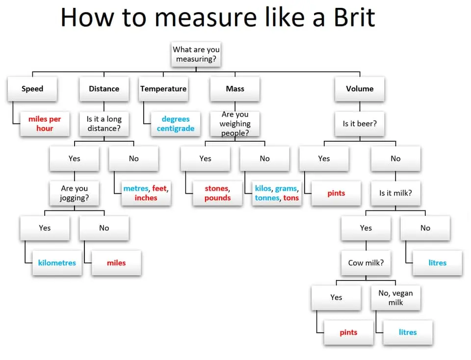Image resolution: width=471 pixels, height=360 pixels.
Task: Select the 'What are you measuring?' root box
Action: (196, 54)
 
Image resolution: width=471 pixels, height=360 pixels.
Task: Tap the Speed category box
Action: (32, 89)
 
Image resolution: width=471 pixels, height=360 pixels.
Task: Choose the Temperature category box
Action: (163, 89)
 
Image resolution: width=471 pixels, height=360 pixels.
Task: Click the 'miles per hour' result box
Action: (45, 124)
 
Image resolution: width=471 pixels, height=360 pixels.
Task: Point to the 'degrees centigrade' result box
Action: (176, 124)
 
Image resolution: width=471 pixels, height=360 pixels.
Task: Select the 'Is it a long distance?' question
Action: (104, 124)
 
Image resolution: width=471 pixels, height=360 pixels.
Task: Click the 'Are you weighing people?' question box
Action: (235, 124)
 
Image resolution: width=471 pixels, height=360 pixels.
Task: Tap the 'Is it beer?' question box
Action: (360, 124)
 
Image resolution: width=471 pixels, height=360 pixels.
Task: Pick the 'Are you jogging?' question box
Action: (74, 193)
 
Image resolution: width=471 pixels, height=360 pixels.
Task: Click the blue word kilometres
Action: (57, 263)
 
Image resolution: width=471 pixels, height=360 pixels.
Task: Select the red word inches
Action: (146, 198)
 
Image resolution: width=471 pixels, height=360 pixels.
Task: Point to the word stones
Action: (216, 188)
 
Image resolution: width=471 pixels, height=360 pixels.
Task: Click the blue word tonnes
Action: (267, 198)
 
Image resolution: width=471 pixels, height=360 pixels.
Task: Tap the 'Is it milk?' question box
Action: (395, 193)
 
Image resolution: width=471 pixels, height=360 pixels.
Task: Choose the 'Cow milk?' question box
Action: (366, 262)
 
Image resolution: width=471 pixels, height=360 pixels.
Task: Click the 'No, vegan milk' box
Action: (395, 298)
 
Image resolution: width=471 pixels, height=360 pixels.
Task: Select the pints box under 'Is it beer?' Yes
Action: (336, 193)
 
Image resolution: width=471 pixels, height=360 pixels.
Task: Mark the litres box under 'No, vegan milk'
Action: (408, 332)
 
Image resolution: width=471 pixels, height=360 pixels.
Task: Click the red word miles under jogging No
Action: (116, 263)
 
